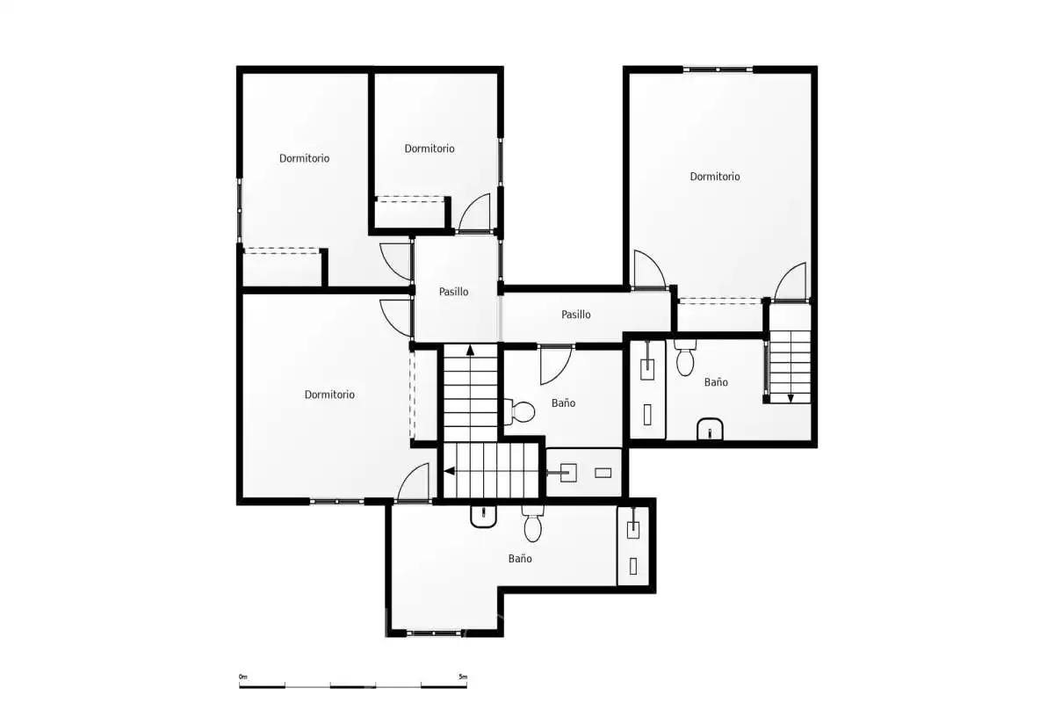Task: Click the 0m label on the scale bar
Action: pyautogui.click(x=242, y=677)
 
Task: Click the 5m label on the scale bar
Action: pyautogui.click(x=463, y=677)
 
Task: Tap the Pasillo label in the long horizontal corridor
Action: pyautogui.click(x=576, y=314)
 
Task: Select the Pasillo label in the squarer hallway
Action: pyautogui.click(x=453, y=292)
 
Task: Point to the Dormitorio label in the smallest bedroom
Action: pyautogui.click(x=430, y=149)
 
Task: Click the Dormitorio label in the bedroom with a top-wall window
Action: pyautogui.click(x=715, y=176)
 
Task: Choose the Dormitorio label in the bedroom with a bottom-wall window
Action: pyautogui.click(x=329, y=394)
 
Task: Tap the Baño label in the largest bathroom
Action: pyautogui.click(x=520, y=558)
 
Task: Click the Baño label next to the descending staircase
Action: pyautogui.click(x=716, y=382)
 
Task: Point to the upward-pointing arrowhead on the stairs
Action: pyautogui.click(x=470, y=350)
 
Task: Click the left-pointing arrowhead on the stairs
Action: pyautogui.click(x=450, y=471)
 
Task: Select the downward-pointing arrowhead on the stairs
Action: pyautogui.click(x=790, y=398)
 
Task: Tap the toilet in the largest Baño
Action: pyautogui.click(x=532, y=524)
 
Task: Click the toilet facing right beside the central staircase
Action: pyautogui.click(x=519, y=411)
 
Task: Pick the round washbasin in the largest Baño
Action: pyautogui.click(x=483, y=517)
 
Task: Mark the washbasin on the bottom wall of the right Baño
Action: pyautogui.click(x=710, y=429)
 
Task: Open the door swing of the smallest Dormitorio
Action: pyautogui.click(x=474, y=213)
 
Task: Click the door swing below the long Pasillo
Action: pyautogui.click(x=555, y=366)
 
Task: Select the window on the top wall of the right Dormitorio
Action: pyautogui.click(x=718, y=69)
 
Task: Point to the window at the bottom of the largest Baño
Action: pyautogui.click(x=434, y=634)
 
